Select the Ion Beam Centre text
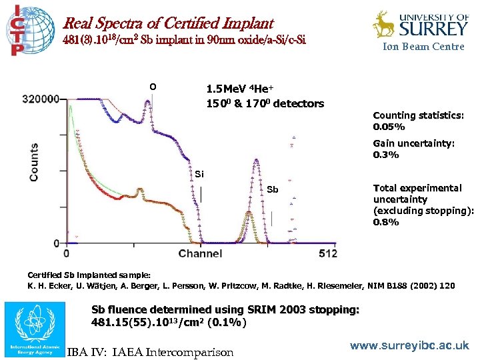(x=423, y=47)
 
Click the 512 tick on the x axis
(x=328, y=253)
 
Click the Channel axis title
(x=200, y=253)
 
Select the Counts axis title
(x=33, y=163)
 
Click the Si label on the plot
(x=199, y=175)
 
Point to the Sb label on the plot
(x=272, y=189)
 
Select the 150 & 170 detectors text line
(x=265, y=103)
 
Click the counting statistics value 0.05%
(x=389, y=127)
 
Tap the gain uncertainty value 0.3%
(x=386, y=155)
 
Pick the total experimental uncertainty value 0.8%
(x=386, y=222)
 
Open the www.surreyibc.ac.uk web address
(x=409, y=346)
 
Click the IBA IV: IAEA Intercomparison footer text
(x=150, y=351)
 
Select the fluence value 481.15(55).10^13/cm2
(x=168, y=323)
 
